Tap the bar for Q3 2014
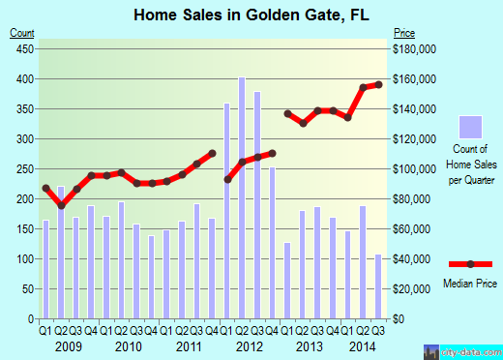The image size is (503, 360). click(378, 286)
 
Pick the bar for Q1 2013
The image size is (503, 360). click(287, 281)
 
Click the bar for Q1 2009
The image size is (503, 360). click(45, 270)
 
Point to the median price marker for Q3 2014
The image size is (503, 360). click(378, 84)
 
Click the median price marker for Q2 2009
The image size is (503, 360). click(61, 205)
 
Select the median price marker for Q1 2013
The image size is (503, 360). click(287, 113)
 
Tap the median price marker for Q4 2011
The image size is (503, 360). click(212, 153)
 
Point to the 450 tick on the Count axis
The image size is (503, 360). click(22, 48)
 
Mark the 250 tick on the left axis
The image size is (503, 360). click(22, 168)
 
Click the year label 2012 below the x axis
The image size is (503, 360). click(250, 345)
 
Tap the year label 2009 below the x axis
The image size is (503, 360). click(68, 345)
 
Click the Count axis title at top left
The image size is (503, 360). click(22, 32)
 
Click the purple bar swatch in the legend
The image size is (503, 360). click(470, 127)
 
